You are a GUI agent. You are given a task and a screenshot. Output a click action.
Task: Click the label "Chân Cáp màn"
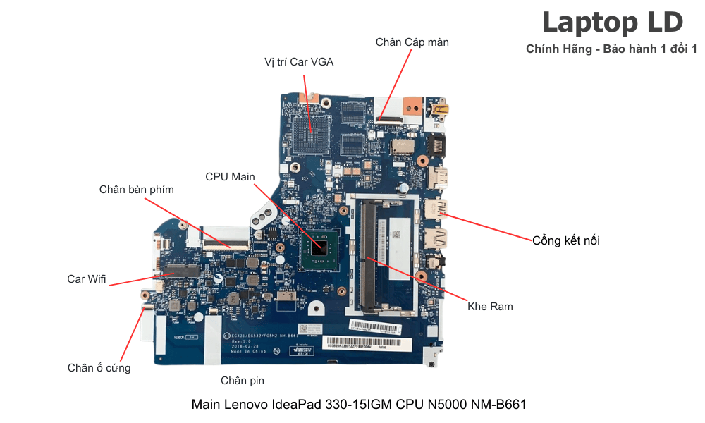tap(412, 42)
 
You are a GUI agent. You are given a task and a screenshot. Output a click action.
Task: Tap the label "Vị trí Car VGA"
tap(299, 62)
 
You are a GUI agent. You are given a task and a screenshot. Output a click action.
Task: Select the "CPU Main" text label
tap(230, 176)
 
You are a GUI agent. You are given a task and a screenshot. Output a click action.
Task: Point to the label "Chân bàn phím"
tap(136, 190)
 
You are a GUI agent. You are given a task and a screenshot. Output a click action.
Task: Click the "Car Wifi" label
tap(86, 279)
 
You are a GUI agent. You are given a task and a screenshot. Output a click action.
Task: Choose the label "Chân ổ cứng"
tap(99, 368)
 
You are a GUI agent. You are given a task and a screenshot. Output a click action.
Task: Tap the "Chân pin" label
tap(243, 381)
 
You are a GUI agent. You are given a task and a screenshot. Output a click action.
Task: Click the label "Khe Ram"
tap(490, 307)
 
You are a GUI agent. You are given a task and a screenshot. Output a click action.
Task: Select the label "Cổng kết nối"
tap(566, 241)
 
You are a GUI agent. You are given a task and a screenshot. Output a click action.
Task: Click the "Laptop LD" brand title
tap(612, 23)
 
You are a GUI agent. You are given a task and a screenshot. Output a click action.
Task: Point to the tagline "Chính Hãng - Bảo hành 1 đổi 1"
tap(611, 49)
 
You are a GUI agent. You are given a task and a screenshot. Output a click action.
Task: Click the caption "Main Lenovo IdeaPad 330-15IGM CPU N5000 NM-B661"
tap(359, 405)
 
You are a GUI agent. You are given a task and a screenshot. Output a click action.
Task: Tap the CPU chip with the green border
tap(320, 247)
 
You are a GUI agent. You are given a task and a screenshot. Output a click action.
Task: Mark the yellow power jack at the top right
tap(442, 109)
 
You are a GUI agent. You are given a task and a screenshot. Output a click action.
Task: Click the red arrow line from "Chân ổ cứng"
tap(130, 336)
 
